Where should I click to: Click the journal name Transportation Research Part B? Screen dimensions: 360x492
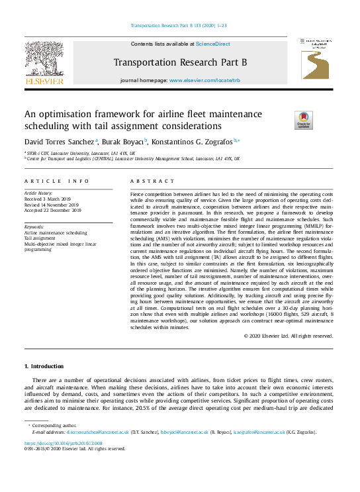pyautogui.click(x=179, y=63)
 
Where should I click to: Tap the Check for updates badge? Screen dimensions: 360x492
pyautogui.click(x=304, y=121)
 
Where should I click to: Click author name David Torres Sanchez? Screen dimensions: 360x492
pyautogui.click(x=59, y=142)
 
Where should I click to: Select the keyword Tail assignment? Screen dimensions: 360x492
pyautogui.click(x=39, y=238)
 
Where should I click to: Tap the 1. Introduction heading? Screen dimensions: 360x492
pyautogui.click(x=44, y=366)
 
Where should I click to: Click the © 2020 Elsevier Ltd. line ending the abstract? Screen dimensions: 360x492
pyautogui.click(x=288, y=336)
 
